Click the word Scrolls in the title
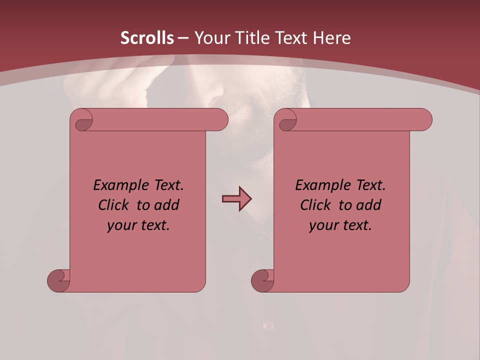tap(147, 38)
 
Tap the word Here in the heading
tap(331, 38)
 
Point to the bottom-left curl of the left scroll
tap(58, 281)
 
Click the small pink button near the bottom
tap(268, 326)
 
